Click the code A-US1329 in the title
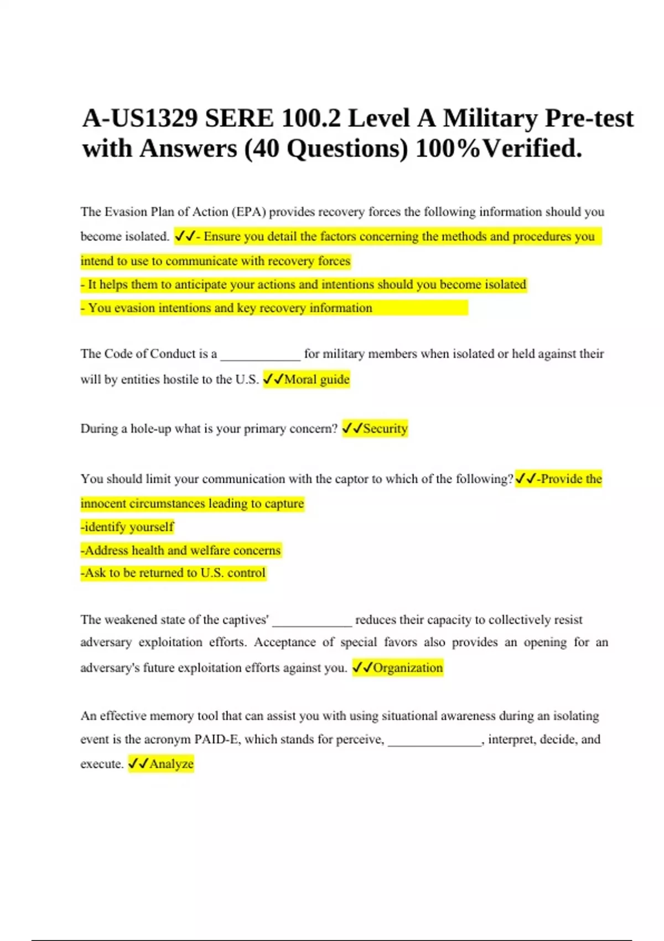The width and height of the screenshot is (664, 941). [139, 118]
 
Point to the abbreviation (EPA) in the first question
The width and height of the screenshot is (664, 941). [248, 212]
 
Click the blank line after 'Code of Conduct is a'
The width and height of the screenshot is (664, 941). [260, 359]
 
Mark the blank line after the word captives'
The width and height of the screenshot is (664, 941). [312, 624]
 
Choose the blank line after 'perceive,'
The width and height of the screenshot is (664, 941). [434, 744]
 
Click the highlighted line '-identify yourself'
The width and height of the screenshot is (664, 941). [127, 527]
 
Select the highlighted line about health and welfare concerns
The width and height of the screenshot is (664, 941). [181, 550]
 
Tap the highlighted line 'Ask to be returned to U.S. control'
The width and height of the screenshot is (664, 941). [173, 573]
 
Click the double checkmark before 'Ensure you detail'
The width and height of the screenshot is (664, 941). [184, 236]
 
